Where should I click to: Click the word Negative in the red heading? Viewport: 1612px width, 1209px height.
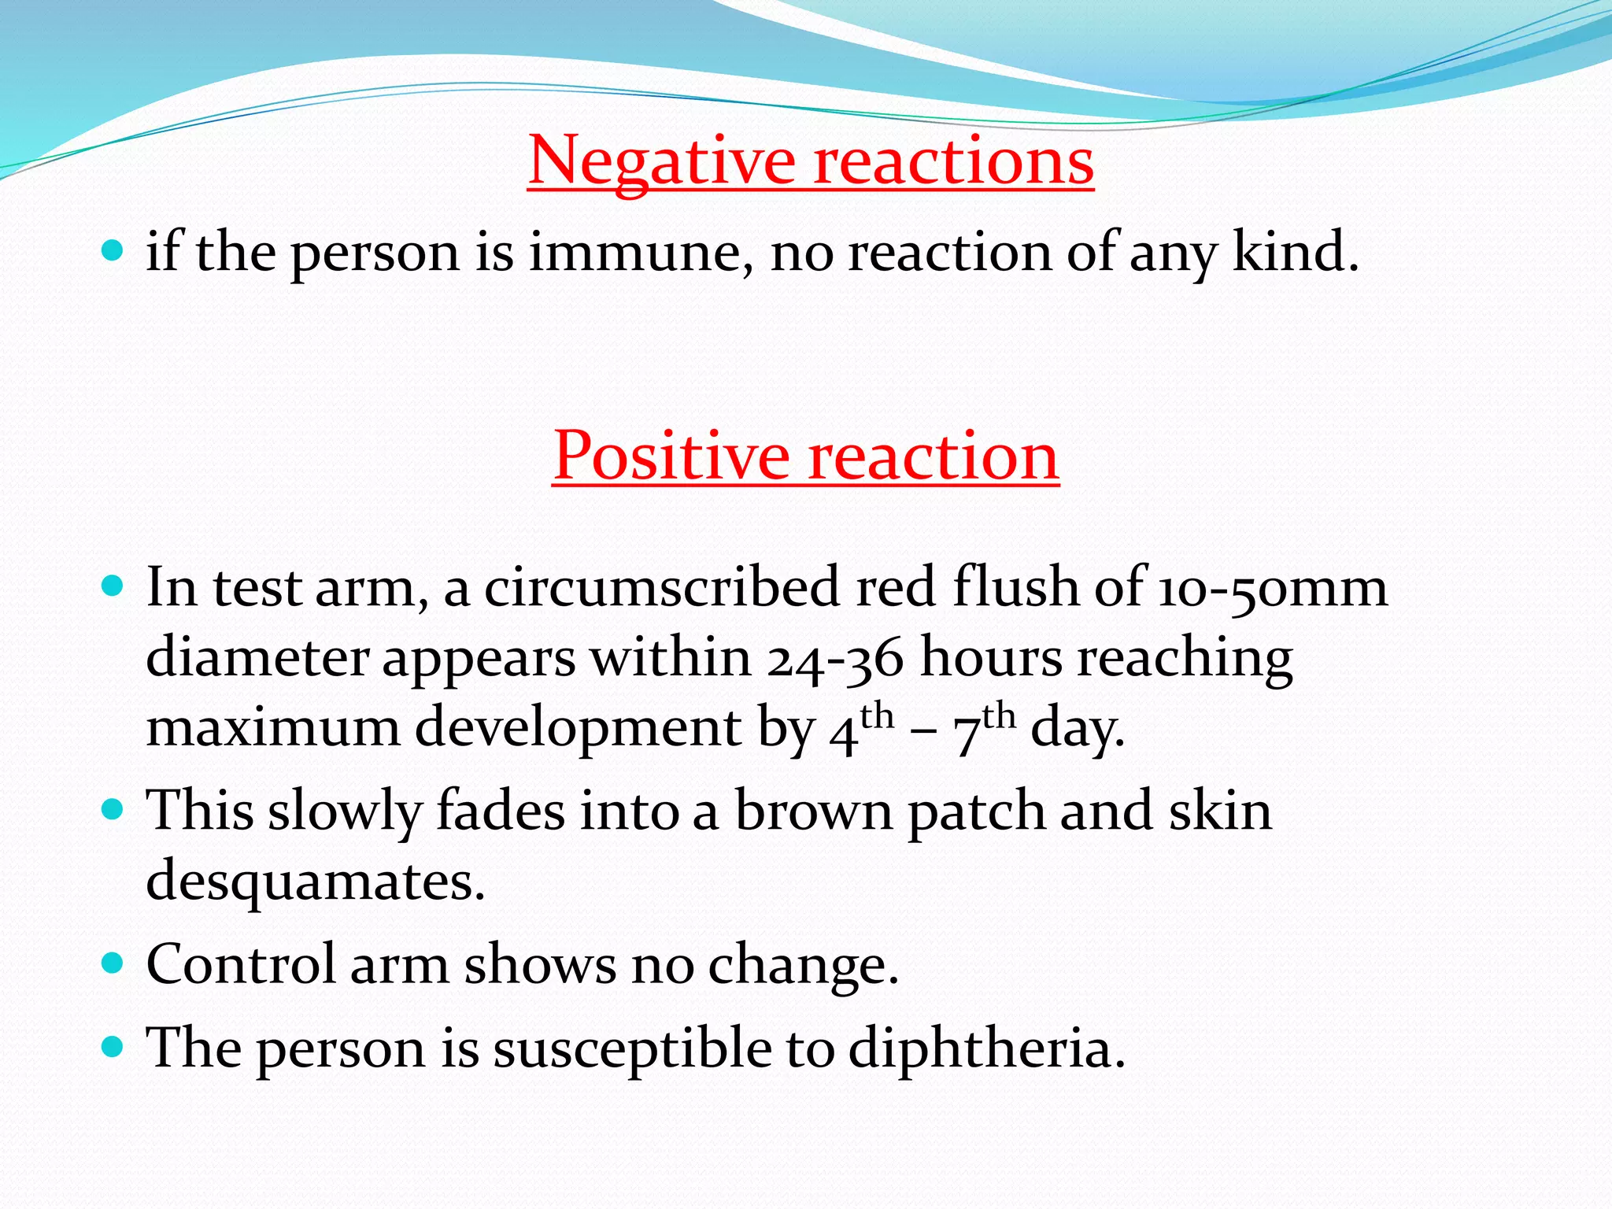click(661, 161)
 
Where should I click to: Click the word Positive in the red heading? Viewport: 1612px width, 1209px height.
click(671, 457)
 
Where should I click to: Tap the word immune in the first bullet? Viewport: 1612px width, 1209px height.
click(634, 253)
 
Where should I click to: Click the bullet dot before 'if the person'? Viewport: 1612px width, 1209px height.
click(113, 252)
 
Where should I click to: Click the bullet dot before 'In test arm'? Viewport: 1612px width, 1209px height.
click(113, 587)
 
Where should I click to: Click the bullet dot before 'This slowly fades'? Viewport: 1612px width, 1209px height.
click(113, 809)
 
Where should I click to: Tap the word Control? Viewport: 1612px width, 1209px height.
click(241, 964)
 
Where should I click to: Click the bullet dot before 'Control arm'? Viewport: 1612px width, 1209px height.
click(113, 963)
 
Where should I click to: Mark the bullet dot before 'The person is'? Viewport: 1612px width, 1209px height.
click(113, 1046)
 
